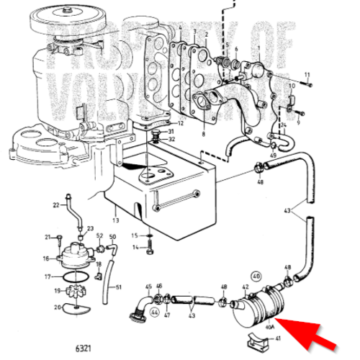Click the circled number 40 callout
(x=256, y=275)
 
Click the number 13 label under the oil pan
(x=116, y=220)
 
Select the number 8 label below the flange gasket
(x=204, y=134)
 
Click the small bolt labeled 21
(x=60, y=237)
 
